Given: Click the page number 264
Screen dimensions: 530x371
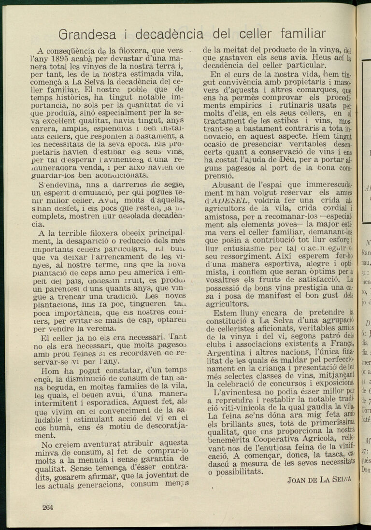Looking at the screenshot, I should coord(48,507).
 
